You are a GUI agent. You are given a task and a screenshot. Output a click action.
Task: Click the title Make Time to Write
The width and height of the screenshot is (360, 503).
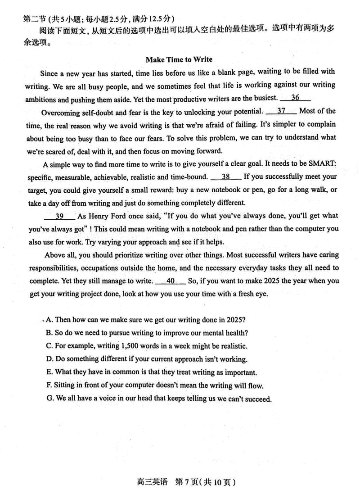(x=179, y=59)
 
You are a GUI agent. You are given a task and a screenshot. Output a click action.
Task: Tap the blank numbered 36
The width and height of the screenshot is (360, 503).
(x=295, y=98)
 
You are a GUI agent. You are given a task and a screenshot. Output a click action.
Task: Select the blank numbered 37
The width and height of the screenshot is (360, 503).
(x=281, y=111)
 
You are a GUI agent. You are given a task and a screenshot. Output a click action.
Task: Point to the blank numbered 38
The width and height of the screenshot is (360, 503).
(x=226, y=177)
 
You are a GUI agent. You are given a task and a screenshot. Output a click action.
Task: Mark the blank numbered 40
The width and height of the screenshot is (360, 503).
(x=171, y=281)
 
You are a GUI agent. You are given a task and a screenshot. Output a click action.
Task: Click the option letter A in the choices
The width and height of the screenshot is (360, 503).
(x=49, y=320)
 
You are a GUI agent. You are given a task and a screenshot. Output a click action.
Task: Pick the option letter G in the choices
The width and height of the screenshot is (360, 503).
(x=49, y=399)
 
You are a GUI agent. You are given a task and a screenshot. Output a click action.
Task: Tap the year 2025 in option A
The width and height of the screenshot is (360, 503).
(x=234, y=320)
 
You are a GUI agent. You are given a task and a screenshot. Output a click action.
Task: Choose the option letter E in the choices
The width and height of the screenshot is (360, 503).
(x=49, y=372)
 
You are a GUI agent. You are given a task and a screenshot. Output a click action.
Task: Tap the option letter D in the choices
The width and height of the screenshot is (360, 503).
(x=49, y=359)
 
